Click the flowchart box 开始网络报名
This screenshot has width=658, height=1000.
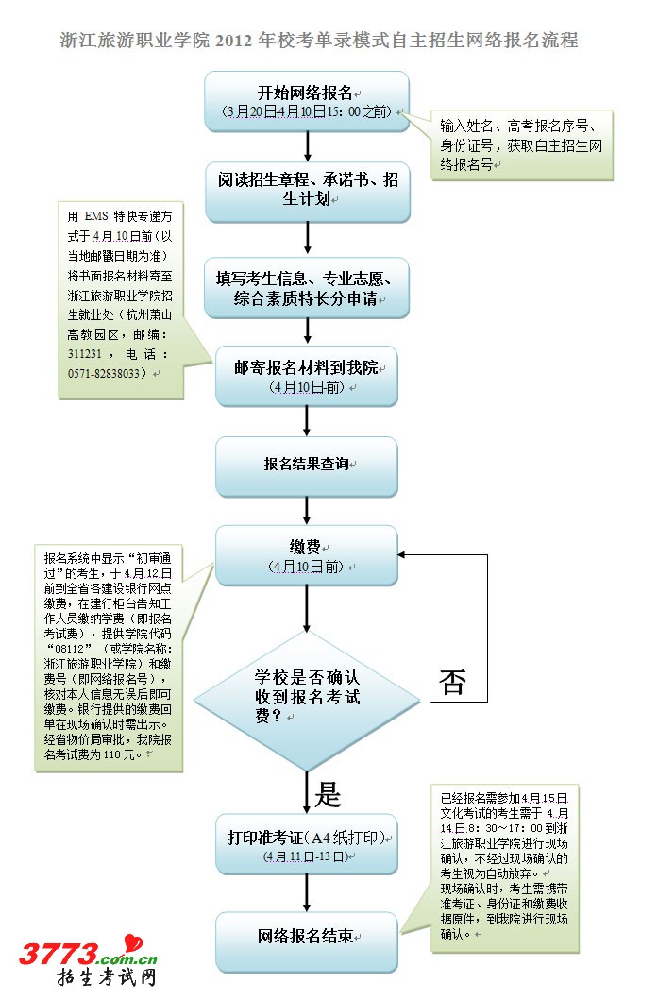coord(308,100)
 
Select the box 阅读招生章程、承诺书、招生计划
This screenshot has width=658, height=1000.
coord(308,191)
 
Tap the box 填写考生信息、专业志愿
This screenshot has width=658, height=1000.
coord(308,288)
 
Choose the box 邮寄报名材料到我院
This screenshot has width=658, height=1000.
coord(308,376)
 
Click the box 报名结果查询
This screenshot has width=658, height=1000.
coord(308,466)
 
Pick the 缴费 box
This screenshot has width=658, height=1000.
coord(308,555)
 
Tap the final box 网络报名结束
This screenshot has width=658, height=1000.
coord(308,937)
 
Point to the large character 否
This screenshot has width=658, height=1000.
coord(452,683)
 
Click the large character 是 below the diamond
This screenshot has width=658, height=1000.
coord(327,794)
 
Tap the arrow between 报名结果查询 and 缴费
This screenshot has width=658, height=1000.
coord(308,510)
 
